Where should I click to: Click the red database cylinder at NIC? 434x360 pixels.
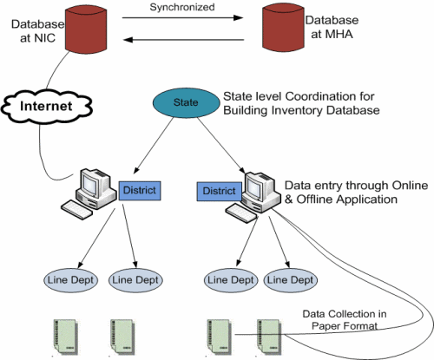86,29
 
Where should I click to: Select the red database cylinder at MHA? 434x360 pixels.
283,28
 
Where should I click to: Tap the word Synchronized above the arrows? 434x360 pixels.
182,7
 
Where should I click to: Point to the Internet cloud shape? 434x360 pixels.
46,107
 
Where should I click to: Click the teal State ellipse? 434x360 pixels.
186,102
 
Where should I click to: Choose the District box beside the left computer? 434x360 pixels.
140,191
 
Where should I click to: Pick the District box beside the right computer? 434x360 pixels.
219,191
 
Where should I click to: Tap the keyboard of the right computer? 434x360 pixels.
241,213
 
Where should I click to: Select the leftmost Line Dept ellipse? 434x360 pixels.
70,280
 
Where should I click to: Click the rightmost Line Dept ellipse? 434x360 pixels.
290,280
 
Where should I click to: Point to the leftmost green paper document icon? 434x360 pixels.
66,337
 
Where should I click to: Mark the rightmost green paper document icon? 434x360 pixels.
269,337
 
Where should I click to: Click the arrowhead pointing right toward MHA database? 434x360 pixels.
238,18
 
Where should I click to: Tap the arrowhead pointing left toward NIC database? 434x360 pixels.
128,40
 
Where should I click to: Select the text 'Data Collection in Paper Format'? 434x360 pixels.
345,320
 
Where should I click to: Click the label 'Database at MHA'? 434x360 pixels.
332,27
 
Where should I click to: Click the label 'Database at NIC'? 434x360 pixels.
37,31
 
